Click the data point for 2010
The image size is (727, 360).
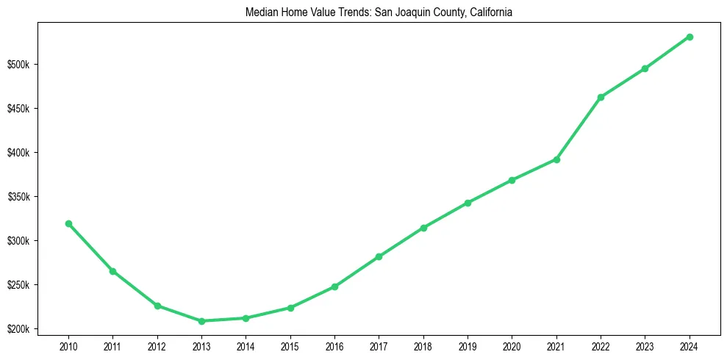pyautogui.click(x=68, y=223)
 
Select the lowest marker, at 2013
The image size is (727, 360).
pyautogui.click(x=201, y=321)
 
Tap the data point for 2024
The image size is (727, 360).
pyautogui.click(x=690, y=37)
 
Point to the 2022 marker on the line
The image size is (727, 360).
pyautogui.click(x=601, y=97)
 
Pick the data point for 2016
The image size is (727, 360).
pyautogui.click(x=334, y=287)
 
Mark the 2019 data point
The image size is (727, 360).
pyautogui.click(x=468, y=203)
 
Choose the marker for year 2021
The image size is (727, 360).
pyautogui.click(x=556, y=159)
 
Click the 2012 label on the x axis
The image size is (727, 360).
pyautogui.click(x=157, y=345)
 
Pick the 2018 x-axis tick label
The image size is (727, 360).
pyautogui.click(x=423, y=345)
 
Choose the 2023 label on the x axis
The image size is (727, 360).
pyautogui.click(x=645, y=345)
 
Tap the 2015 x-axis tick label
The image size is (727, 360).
pyautogui.click(x=290, y=345)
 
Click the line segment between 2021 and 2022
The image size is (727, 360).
pyautogui.click(x=579, y=129)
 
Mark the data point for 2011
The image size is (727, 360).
pyautogui.click(x=112, y=271)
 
